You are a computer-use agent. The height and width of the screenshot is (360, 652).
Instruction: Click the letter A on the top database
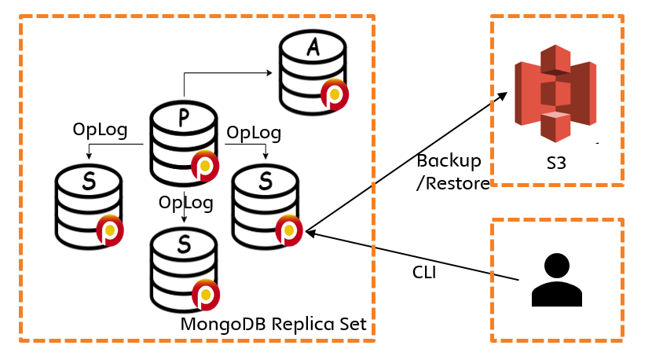(x=313, y=46)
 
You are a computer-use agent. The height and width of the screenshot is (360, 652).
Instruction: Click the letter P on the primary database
(x=184, y=118)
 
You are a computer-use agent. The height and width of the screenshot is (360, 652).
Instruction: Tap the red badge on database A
(x=335, y=95)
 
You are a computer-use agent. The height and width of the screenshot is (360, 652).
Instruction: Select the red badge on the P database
(x=205, y=166)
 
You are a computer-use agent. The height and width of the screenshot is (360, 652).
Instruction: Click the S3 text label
(x=556, y=163)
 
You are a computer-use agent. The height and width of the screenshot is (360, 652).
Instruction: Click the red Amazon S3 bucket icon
(x=555, y=94)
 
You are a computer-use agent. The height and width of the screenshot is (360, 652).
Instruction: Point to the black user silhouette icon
(x=556, y=280)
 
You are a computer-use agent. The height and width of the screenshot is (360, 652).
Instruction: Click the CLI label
(x=424, y=272)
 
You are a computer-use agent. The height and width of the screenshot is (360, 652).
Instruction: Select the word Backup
(x=449, y=161)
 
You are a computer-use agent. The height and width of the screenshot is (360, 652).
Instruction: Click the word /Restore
(x=452, y=183)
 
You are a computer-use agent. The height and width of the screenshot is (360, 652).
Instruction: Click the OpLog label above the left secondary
(x=100, y=130)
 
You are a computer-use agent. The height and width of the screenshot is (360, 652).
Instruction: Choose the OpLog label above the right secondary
(x=254, y=133)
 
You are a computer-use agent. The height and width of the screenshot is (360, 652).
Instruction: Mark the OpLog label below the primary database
(x=186, y=203)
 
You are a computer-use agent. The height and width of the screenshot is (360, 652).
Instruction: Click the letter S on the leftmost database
(x=89, y=181)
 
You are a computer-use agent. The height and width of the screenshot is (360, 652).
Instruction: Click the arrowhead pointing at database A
(x=269, y=73)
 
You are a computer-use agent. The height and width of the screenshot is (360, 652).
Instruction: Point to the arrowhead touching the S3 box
(x=502, y=97)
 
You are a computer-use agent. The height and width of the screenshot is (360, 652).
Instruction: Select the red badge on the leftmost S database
(x=110, y=230)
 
